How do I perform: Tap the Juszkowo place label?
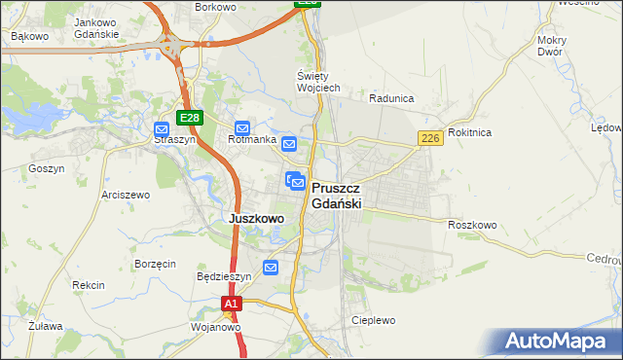click(x=256, y=219)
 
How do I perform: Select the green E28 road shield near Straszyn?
click(x=190, y=118)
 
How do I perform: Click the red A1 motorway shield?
click(x=230, y=305)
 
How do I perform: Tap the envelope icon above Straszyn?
click(x=163, y=127)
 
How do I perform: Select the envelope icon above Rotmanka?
click(x=243, y=127)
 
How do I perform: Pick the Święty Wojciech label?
click(x=317, y=82)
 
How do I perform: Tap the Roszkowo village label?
click(x=473, y=225)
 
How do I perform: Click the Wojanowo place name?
click(x=216, y=327)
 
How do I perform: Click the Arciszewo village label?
click(x=126, y=195)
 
